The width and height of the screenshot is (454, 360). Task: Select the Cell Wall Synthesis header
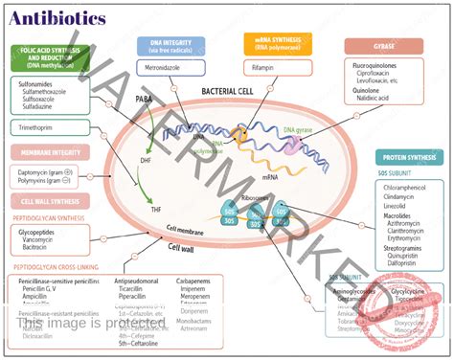(49, 202)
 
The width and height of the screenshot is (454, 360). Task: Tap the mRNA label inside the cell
(270, 176)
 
